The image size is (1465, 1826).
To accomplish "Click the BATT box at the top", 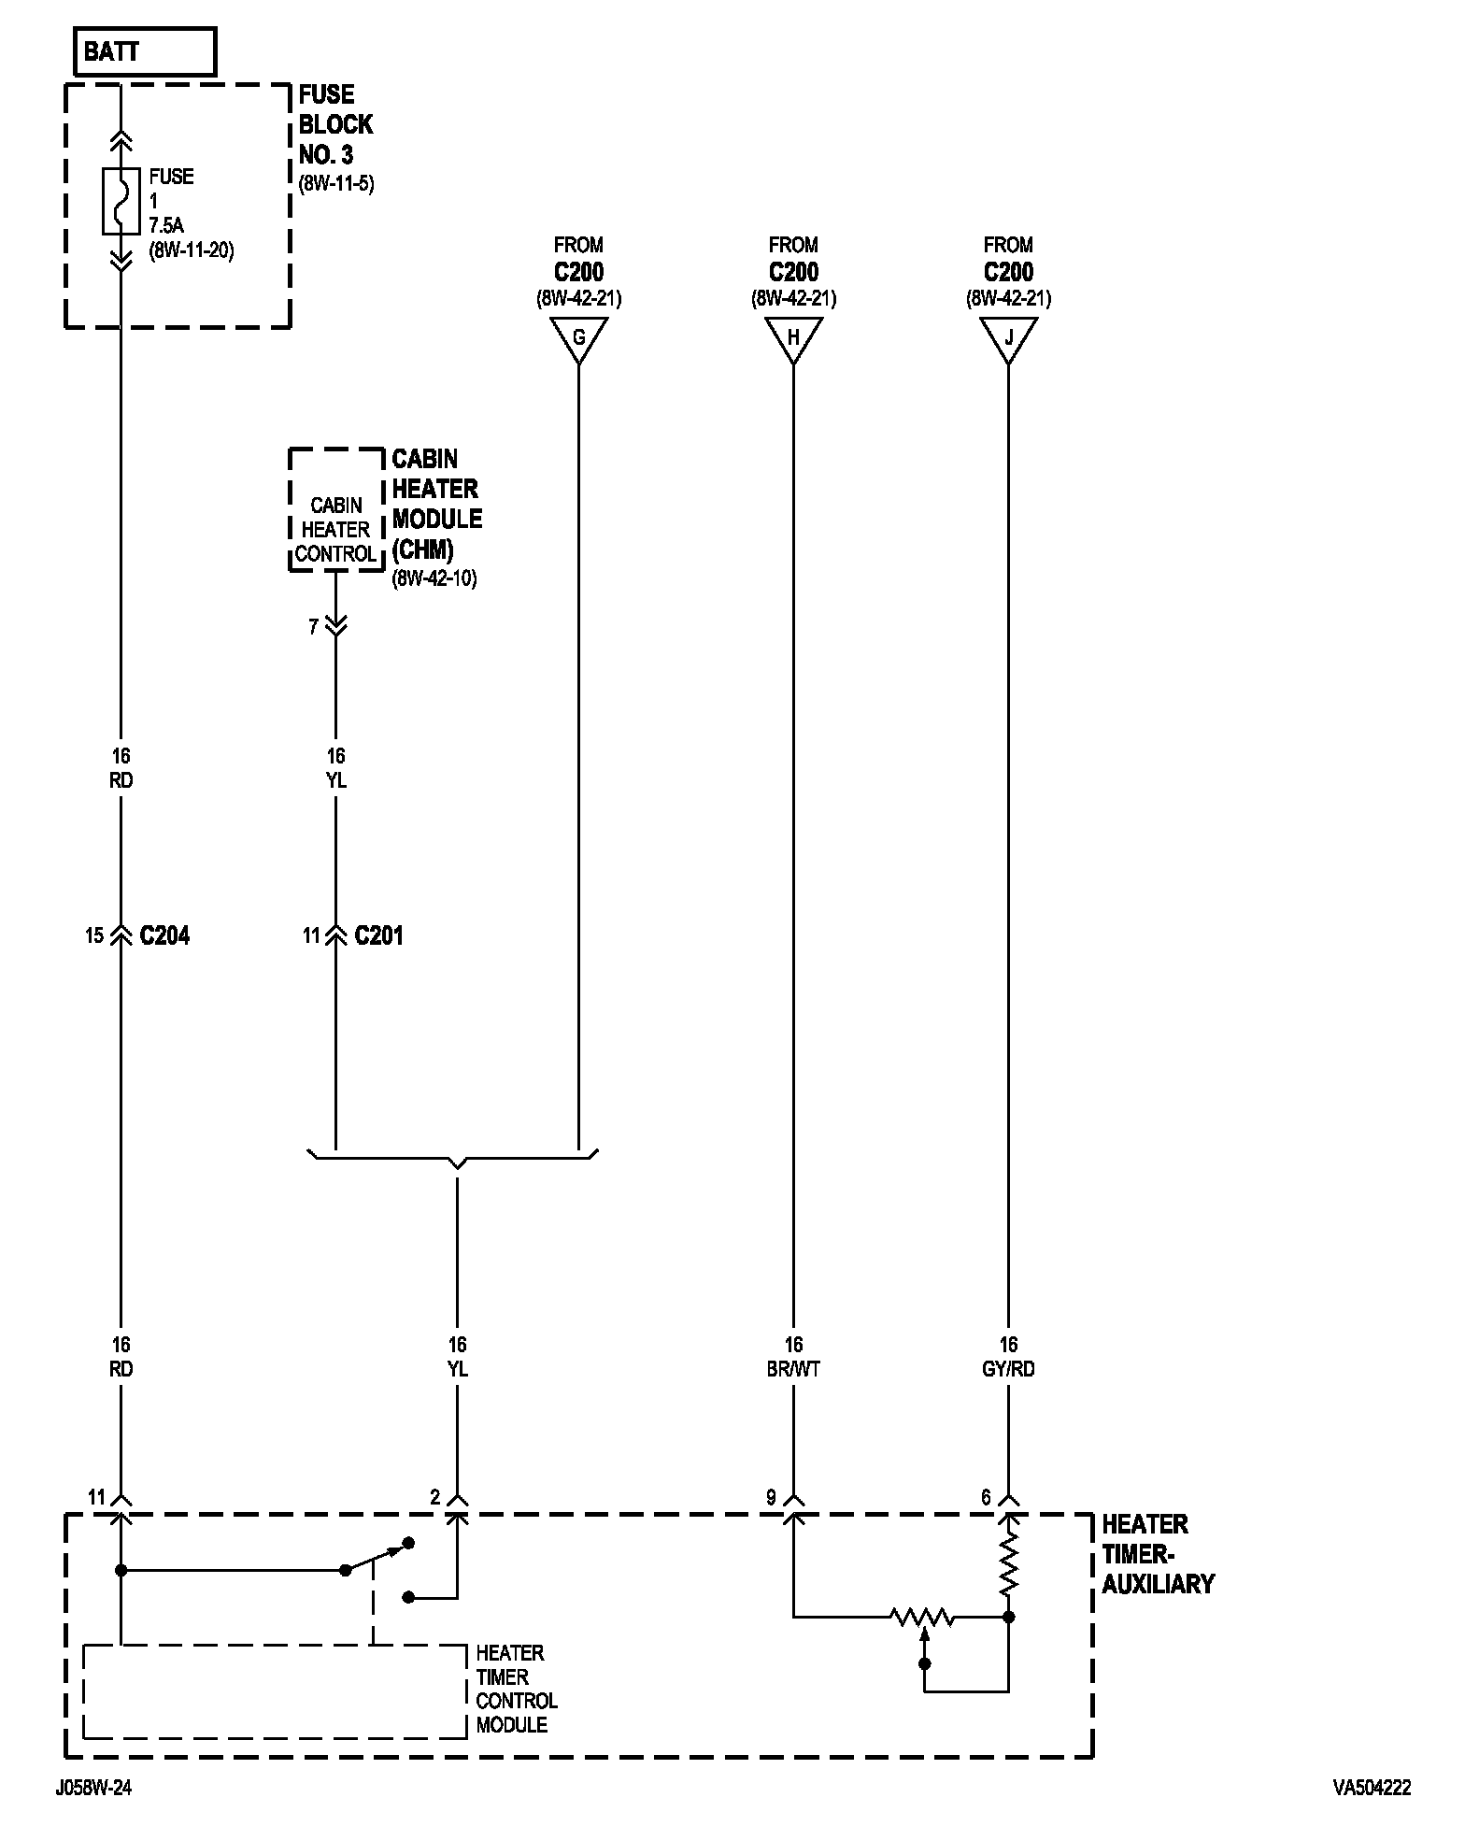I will click(x=144, y=51).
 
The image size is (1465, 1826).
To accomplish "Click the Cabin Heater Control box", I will click(x=336, y=529).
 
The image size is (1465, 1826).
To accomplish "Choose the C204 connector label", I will click(x=164, y=935).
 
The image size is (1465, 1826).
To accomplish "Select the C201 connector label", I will click(x=379, y=935).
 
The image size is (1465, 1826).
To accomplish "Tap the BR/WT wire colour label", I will click(x=793, y=1369).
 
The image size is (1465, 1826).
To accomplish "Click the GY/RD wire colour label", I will click(x=1008, y=1369).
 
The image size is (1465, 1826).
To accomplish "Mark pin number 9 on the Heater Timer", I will click(x=771, y=1497).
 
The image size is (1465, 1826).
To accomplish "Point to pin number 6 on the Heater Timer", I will click(x=986, y=1497).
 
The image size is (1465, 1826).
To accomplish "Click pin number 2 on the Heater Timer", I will click(x=434, y=1497).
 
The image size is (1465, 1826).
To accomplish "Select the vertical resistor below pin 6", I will click(x=1008, y=1567).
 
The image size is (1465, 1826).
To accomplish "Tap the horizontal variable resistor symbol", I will click(x=921, y=1616).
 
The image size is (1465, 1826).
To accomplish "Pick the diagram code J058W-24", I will click(x=93, y=1788).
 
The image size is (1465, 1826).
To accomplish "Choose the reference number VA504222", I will click(x=1372, y=1788).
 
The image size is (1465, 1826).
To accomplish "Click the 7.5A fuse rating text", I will click(x=166, y=225).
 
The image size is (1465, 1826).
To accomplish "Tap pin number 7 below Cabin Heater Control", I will click(x=314, y=626).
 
